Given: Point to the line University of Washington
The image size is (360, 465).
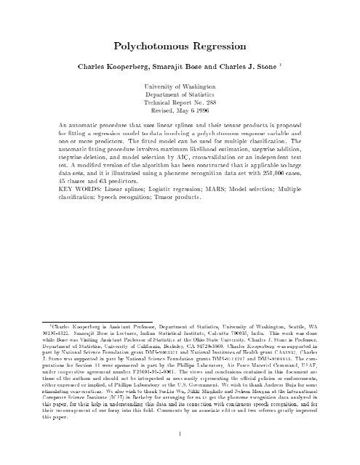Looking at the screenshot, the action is click(x=180, y=89).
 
